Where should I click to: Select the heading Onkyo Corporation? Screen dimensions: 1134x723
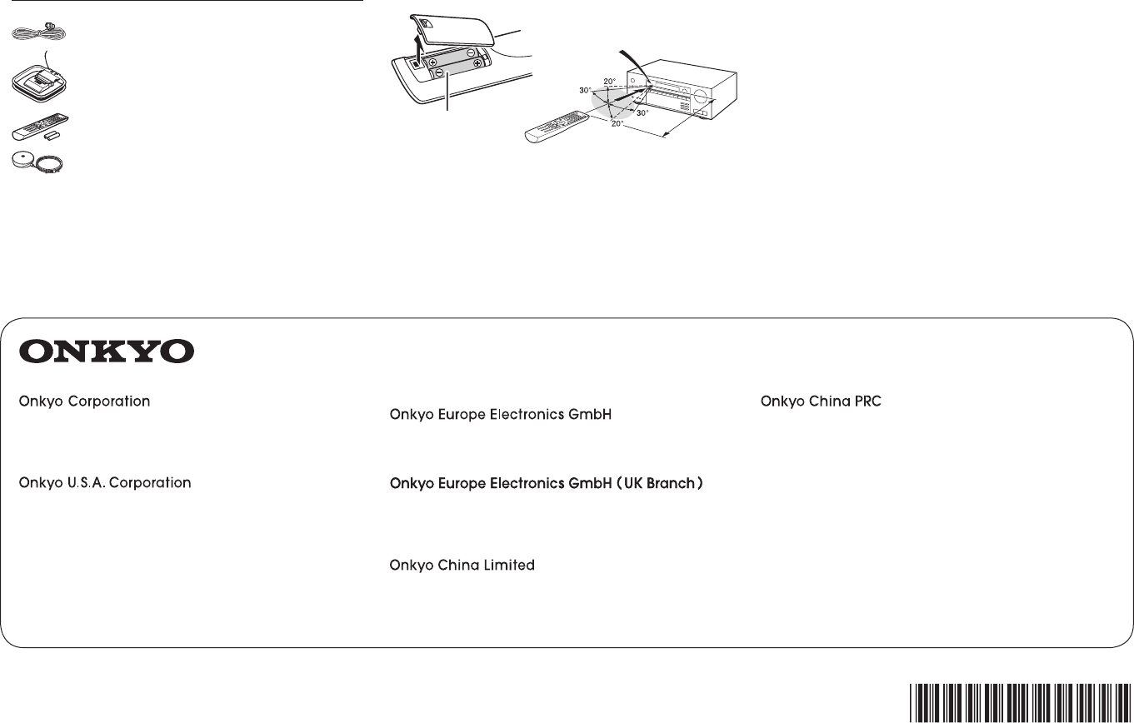tap(84, 401)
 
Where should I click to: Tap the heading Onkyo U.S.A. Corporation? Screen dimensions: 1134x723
tap(104, 482)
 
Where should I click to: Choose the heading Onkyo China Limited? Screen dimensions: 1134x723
tap(462, 566)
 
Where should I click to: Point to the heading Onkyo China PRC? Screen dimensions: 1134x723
tap(821, 401)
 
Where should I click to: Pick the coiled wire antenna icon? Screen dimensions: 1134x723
tap(33, 31)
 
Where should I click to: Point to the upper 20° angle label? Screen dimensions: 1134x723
tap(609, 82)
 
